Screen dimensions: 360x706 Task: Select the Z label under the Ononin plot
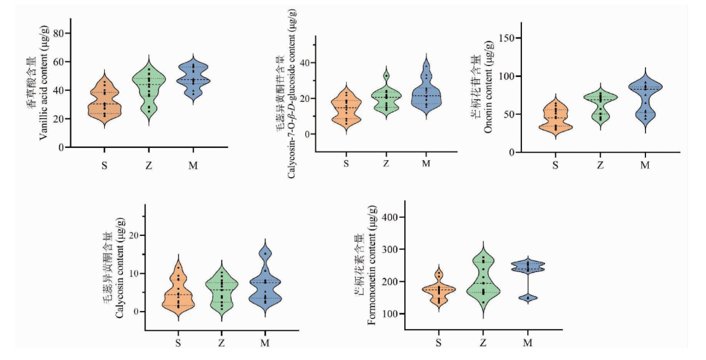click(599, 165)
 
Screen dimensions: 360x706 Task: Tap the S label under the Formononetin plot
click(438, 343)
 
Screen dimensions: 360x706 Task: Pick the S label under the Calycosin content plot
click(178, 343)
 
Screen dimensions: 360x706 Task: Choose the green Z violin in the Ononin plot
click(599, 108)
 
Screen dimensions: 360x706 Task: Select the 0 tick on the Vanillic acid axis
click(61, 147)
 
